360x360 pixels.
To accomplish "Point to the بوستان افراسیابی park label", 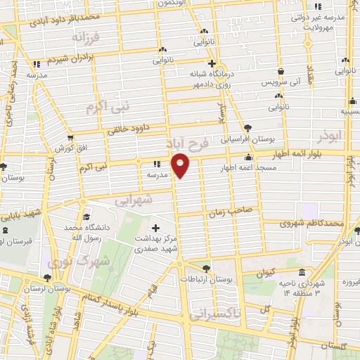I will (247, 139).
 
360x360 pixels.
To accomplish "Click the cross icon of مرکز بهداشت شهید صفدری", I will (155, 228).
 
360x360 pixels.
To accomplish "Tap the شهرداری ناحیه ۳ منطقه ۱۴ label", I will (302, 287).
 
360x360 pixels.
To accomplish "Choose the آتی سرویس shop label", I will (281, 82).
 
